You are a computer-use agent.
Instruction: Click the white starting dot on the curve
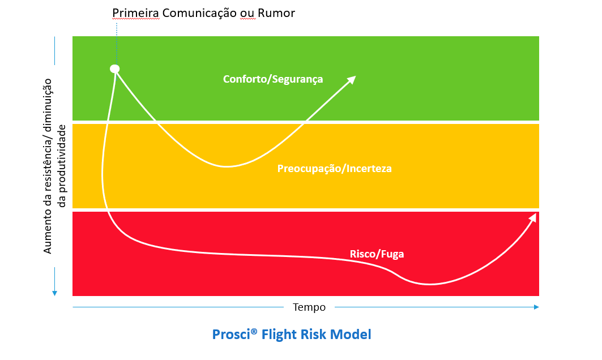point(115,68)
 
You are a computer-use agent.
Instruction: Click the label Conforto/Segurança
point(273,79)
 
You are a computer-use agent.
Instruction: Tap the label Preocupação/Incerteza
point(334,169)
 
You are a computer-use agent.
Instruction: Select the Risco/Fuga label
point(377,254)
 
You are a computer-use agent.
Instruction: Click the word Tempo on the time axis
point(309,307)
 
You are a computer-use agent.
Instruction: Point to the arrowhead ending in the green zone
point(351,80)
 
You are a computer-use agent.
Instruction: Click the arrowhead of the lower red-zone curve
point(532,217)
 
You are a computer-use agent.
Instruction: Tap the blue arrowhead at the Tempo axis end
point(536,307)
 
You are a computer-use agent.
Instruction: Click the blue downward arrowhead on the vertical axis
point(54,293)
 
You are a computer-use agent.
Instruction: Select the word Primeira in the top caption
point(135,13)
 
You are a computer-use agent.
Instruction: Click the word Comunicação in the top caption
point(199,13)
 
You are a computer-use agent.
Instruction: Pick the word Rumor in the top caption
point(276,13)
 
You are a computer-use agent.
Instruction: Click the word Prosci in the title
point(231,335)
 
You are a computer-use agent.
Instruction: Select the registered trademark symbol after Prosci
point(254,331)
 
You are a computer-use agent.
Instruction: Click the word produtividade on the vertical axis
point(62,166)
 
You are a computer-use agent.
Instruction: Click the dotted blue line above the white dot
point(116,44)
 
